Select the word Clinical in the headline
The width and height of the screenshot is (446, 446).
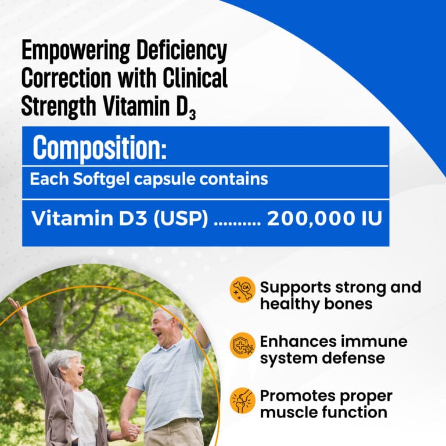point(195,77)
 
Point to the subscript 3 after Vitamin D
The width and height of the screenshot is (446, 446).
point(192,114)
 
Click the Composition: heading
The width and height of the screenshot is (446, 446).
point(99,148)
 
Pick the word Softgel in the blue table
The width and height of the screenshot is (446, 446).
point(101,179)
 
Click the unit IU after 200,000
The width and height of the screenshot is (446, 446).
point(372,218)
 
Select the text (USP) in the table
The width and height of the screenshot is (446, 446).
point(181,219)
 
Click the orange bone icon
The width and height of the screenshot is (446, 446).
point(242,289)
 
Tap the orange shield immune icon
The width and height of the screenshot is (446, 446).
point(242,345)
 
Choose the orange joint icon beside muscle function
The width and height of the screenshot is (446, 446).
point(242,401)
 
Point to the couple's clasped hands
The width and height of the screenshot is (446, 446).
point(130,431)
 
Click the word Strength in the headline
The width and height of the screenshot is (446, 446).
point(59,106)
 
